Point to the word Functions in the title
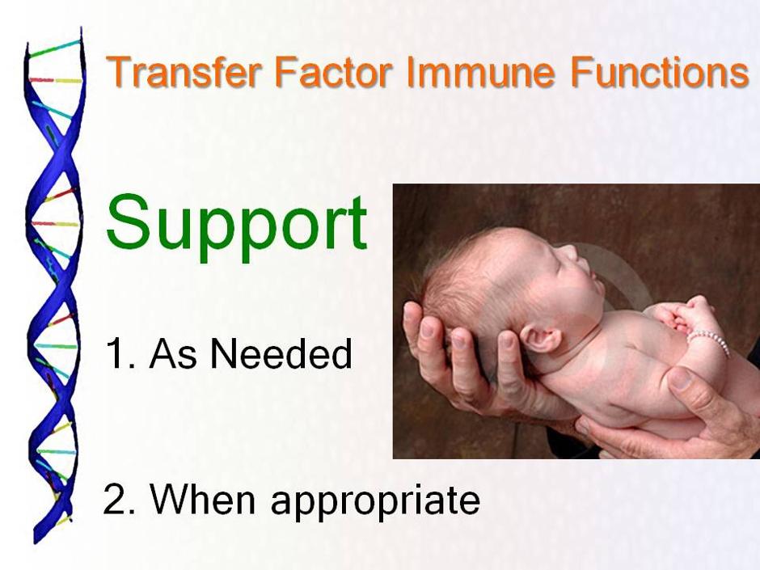pos(659,72)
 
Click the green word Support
pos(237,226)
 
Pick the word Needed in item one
pos(281,353)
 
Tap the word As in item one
pos(173,353)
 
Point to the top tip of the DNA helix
pos(81,28)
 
